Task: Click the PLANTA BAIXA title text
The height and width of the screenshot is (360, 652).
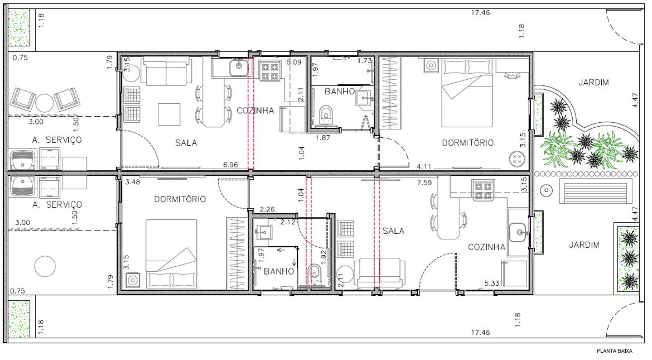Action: [614, 351]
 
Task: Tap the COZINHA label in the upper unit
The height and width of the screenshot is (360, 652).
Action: [255, 111]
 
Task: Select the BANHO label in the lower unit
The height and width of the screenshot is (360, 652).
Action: [279, 271]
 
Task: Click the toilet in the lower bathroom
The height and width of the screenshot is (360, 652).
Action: [316, 275]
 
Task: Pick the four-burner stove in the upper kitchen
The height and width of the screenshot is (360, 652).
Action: [269, 70]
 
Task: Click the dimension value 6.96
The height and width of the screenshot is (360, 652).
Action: [230, 165]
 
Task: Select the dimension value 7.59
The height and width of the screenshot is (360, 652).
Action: [424, 183]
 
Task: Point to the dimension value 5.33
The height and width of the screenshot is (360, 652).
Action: [492, 284]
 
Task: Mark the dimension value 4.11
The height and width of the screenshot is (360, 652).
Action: [424, 166]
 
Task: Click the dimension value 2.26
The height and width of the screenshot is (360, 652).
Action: [267, 209]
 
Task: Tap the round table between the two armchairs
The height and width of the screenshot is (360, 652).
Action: [44, 102]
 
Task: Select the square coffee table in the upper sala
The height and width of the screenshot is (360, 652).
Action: [169, 114]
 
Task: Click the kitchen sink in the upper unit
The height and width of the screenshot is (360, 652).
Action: [239, 68]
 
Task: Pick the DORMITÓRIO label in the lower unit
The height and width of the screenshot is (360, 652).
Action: [180, 199]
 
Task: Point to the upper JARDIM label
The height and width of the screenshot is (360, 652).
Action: [594, 83]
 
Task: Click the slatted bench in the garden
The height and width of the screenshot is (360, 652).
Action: [593, 191]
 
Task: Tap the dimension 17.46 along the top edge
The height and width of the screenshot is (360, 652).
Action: [480, 12]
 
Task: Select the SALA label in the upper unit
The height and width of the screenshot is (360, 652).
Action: [186, 143]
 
